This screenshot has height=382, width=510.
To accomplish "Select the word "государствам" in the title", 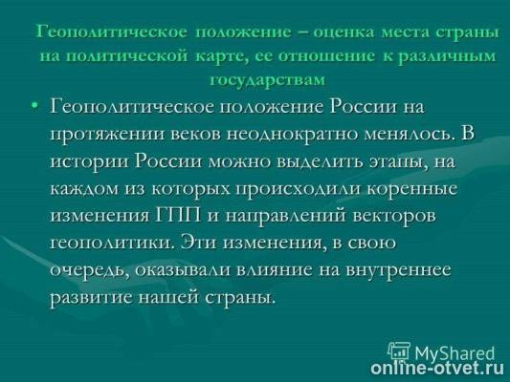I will point(266,77).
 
